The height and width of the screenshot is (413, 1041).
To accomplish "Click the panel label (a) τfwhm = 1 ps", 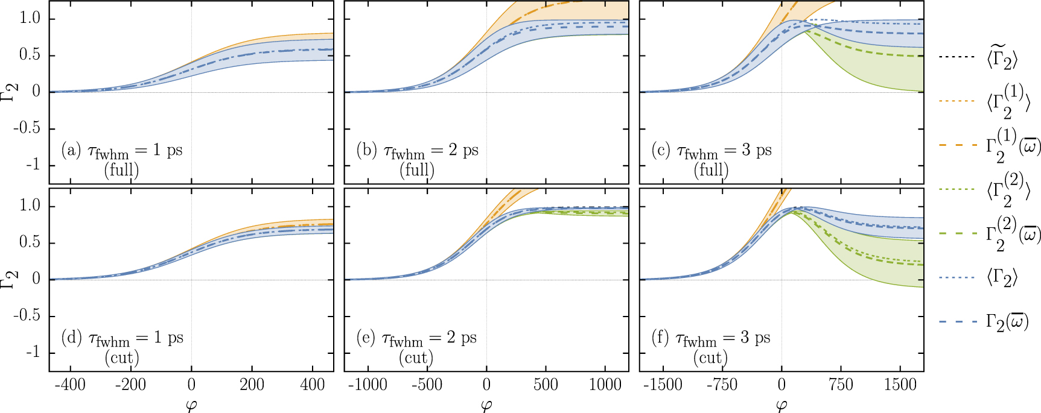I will [x=121, y=150].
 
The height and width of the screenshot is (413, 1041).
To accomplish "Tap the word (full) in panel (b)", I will [x=417, y=170].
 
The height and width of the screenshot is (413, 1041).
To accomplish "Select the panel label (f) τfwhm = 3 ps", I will [x=711, y=338].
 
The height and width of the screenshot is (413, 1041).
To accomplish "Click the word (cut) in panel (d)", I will [x=122, y=358].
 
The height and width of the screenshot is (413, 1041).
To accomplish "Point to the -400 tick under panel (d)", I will [x=70, y=385].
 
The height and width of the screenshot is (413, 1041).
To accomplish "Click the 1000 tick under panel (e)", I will [x=605, y=385].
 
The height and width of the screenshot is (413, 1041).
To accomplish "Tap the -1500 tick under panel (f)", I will [x=662, y=385].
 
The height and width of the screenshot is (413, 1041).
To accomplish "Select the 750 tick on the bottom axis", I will [x=841, y=385].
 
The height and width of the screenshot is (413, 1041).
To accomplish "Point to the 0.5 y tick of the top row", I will [x=30, y=55].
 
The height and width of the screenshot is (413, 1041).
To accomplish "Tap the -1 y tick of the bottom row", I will [x=33, y=352].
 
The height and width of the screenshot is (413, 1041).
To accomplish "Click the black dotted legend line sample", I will [x=957, y=57].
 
